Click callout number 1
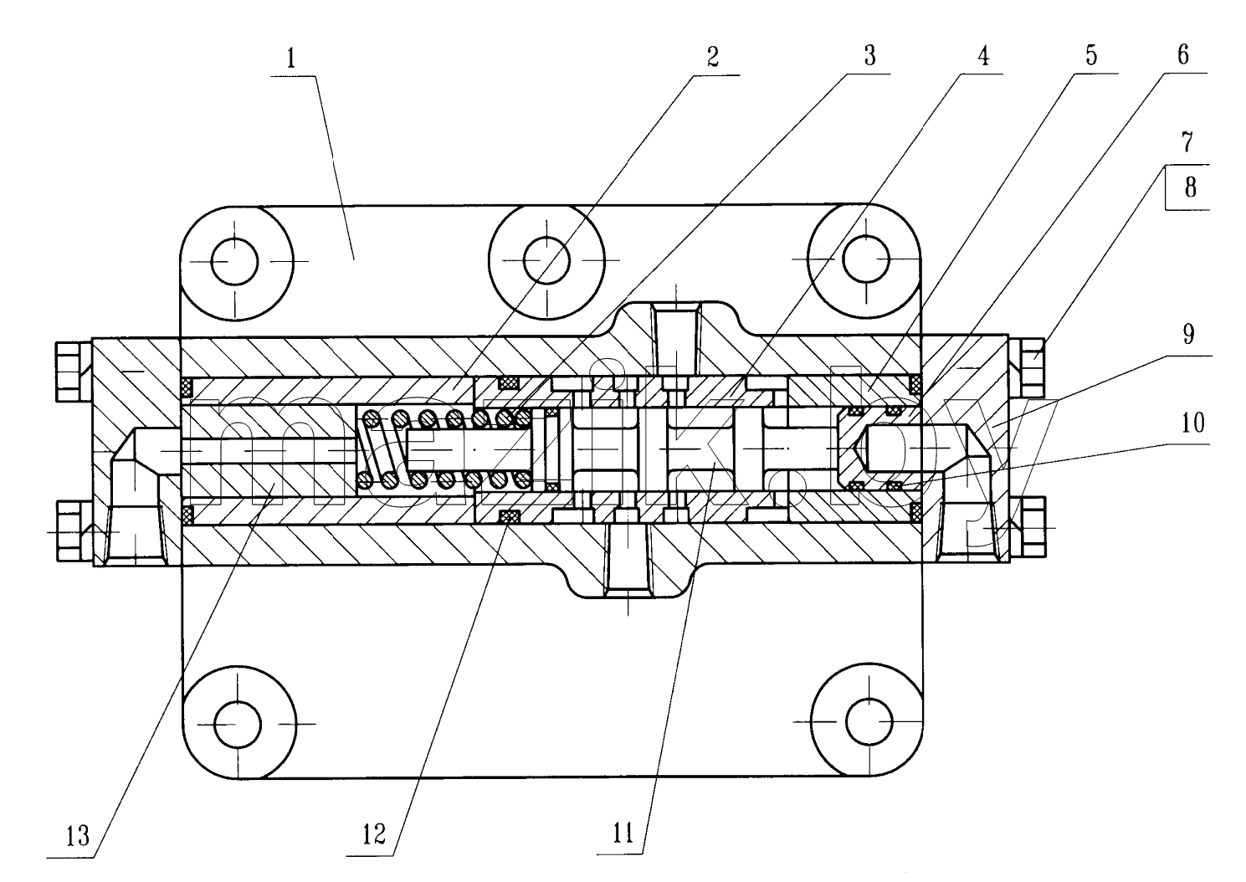tap(291, 59)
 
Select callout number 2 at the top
tap(713, 57)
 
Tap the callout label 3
tap(870, 55)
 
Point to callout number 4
tap(983, 55)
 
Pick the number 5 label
tap(1091, 55)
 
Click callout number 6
tap(1183, 54)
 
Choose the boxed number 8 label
tap(1191, 187)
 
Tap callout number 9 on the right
tap(1188, 334)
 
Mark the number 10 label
tap(1192, 423)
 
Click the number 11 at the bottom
tap(623, 833)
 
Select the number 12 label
tap(373, 834)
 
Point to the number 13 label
tap(77, 836)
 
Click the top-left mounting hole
tap(235, 261)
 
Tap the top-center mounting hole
tap(546, 260)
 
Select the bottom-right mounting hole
tap(869, 722)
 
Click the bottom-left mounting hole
tap(238, 725)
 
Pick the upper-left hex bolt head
tap(74, 372)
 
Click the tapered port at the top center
tap(676, 339)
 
